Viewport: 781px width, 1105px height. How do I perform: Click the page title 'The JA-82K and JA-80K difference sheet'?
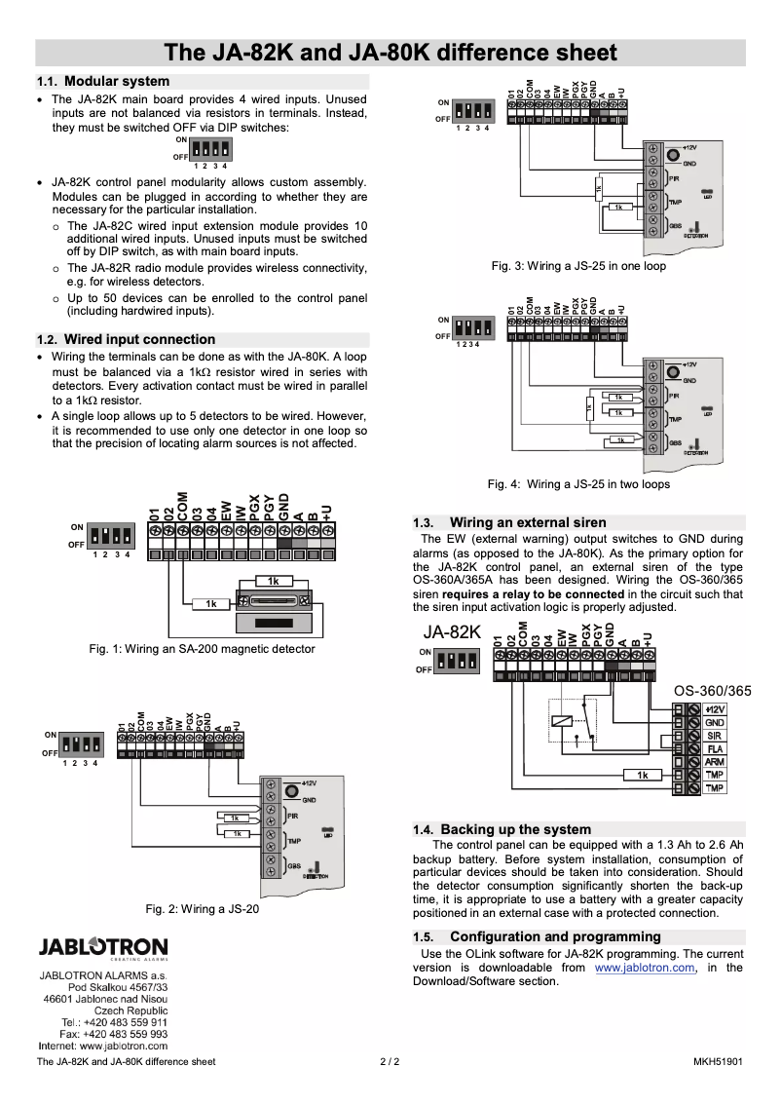pyautogui.click(x=390, y=53)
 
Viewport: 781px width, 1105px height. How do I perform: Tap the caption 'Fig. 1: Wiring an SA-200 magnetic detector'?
pyautogui.click(x=202, y=648)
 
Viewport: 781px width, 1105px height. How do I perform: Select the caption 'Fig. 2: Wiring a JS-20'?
pyautogui.click(x=202, y=909)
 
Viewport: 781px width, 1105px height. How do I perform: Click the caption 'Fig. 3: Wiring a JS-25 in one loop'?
pyautogui.click(x=578, y=266)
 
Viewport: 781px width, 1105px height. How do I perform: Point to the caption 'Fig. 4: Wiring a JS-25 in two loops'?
pyautogui.click(x=578, y=483)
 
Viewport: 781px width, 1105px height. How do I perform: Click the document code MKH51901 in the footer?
pyautogui.click(x=718, y=1061)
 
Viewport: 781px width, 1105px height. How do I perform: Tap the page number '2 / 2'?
pyautogui.click(x=390, y=1061)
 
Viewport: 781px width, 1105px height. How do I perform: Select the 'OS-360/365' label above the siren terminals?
pyautogui.click(x=713, y=691)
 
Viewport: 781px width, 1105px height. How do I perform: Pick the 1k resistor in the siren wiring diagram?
pyautogui.click(x=642, y=775)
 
